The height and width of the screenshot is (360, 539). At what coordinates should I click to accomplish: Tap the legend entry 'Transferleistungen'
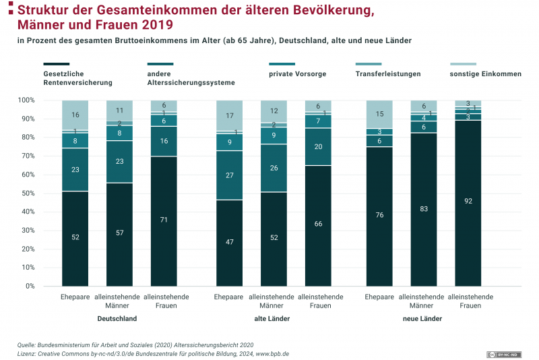388,74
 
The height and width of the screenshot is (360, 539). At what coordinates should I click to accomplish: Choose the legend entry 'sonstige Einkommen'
485,74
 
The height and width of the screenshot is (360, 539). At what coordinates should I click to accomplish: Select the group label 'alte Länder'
272,319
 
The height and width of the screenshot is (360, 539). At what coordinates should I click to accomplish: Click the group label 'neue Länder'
422,319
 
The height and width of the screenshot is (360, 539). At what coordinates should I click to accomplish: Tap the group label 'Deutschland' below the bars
117,319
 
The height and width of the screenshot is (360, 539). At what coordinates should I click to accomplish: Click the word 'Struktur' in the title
46,11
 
